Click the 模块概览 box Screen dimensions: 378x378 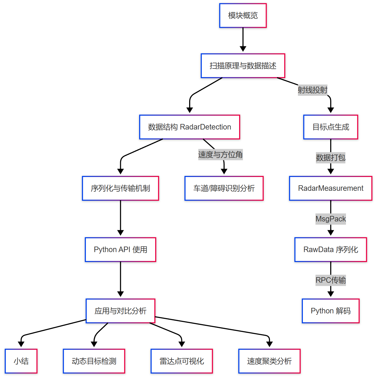tap(243, 15)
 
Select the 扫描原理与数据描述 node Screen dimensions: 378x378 tap(243, 66)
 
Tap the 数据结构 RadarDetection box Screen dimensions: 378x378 tap(190, 127)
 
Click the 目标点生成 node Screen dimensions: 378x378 tap(331, 127)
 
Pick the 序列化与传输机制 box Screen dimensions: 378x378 tap(120, 188)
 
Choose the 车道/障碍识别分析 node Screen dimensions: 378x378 tap(224, 188)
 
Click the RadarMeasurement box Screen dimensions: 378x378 tap(331, 188)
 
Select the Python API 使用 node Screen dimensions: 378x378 tap(120, 250)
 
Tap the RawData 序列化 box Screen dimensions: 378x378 tap(331, 250)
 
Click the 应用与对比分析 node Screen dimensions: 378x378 tap(120, 311)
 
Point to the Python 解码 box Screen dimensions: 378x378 tap(331, 311)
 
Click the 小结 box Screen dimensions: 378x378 tap(21, 361)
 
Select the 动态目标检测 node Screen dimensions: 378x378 tap(94, 361)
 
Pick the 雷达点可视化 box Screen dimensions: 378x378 tap(182, 361)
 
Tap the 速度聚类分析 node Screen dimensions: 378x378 tap(269, 361)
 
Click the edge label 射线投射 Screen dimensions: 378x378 tap(313, 90)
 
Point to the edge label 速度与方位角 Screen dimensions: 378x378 tap(220, 155)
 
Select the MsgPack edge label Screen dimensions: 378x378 tap(331, 219)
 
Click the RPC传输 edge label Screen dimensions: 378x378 tap(331, 280)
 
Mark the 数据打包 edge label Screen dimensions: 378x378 tap(331, 158)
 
